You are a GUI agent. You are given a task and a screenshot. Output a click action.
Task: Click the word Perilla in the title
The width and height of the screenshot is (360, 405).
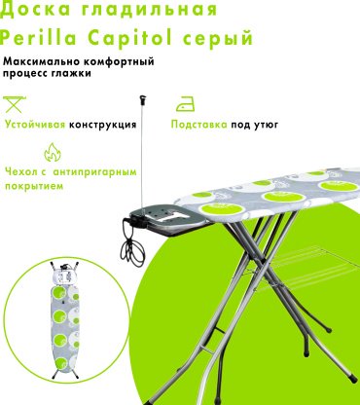point(39,37)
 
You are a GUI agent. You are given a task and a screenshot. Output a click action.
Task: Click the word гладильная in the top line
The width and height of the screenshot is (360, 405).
point(149,10)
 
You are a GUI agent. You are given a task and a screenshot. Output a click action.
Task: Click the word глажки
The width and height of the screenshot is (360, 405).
point(71,74)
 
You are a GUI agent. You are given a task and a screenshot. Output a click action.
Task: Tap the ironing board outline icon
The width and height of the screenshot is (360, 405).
point(15,104)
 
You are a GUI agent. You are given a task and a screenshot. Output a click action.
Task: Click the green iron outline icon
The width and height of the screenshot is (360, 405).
point(185,104)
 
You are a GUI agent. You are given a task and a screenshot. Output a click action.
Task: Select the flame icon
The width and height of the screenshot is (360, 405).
point(53,152)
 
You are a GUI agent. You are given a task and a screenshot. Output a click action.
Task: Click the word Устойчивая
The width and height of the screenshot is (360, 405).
point(35,125)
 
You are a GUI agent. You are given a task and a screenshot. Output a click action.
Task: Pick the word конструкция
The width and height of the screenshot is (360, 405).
point(103,125)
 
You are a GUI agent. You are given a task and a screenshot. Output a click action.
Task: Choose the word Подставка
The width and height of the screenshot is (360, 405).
point(199,125)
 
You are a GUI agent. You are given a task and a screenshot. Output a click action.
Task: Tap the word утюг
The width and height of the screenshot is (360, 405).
point(267,125)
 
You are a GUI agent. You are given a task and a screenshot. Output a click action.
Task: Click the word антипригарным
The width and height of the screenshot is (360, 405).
point(94,172)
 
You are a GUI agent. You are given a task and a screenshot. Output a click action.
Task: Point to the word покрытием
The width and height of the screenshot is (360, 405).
point(34,187)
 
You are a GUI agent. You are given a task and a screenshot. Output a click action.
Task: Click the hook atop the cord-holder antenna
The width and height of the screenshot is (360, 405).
point(142,99)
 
